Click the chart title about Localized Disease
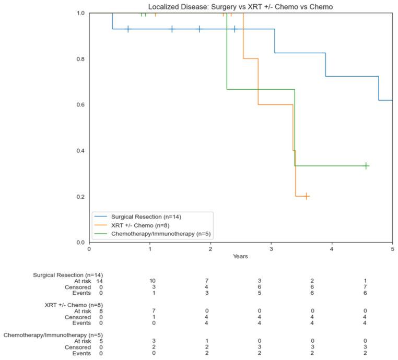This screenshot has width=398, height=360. [x=240, y=6]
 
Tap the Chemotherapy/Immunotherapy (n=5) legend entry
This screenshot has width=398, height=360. [x=160, y=234]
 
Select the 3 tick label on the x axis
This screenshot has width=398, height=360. [x=271, y=249]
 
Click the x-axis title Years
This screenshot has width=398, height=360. [x=240, y=257]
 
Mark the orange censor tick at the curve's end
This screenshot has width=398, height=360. [x=306, y=196]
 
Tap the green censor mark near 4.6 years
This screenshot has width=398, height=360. [x=366, y=166]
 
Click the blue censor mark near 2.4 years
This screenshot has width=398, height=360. [x=235, y=29]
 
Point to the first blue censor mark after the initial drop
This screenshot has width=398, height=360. [x=128, y=29]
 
